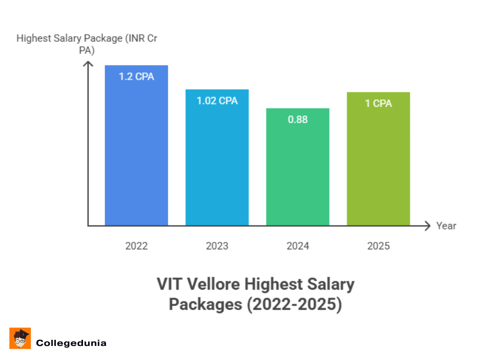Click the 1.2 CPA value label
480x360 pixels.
point(136,76)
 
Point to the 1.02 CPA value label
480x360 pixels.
point(217,101)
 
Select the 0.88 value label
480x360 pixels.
point(298,120)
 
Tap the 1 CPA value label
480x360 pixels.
point(378,104)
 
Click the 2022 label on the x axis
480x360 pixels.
point(136,246)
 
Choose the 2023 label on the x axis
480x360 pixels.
point(217,246)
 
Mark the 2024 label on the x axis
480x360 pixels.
point(298,246)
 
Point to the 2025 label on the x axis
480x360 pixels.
point(378,246)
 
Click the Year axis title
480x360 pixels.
point(446,226)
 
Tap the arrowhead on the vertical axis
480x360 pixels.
point(88,64)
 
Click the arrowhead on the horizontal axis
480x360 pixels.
point(427,226)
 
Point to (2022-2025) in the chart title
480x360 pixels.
point(293,304)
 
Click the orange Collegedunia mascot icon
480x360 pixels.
point(20,338)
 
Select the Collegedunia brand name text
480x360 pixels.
point(71,343)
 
